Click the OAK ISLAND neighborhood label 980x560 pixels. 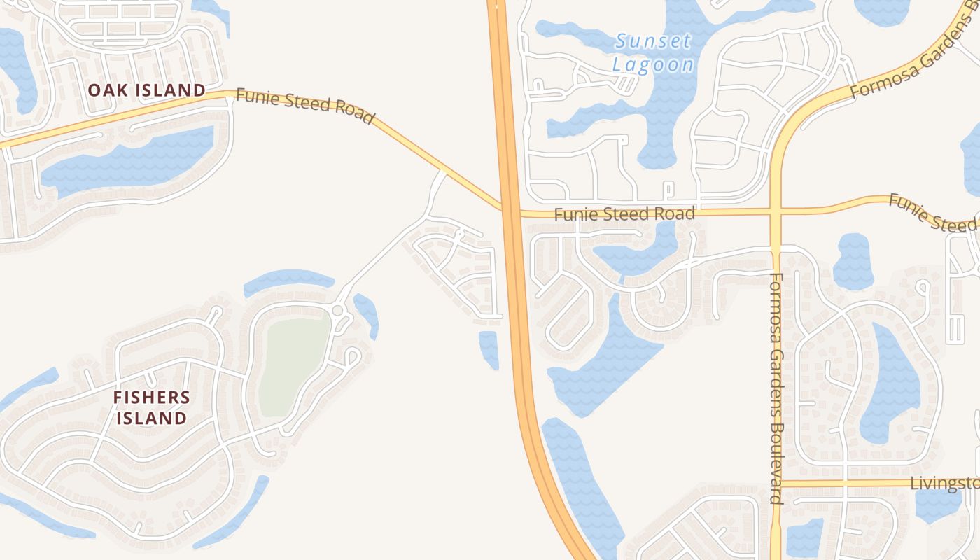(x=146, y=90)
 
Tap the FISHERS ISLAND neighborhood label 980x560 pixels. (x=151, y=408)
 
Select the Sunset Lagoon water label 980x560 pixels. (x=654, y=53)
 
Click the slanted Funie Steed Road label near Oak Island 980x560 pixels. (x=304, y=106)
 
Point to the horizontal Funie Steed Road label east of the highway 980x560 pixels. (x=624, y=213)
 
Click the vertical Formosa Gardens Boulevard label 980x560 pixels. (x=776, y=388)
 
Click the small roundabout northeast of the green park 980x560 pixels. (x=337, y=310)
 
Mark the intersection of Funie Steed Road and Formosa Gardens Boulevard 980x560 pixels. (x=776, y=211)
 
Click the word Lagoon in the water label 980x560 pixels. (x=654, y=65)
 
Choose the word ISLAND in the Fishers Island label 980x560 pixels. (x=151, y=419)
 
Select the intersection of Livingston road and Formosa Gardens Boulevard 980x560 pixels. (x=776, y=484)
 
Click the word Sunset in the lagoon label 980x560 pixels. (x=654, y=41)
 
